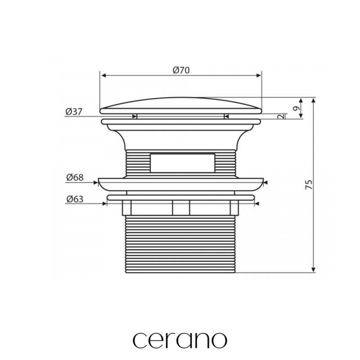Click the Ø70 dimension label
click(181, 70)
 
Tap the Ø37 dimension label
click(74, 112)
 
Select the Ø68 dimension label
click(75, 177)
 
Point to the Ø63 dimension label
click(75, 199)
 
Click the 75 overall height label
click(309, 184)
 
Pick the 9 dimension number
click(297, 108)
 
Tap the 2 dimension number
click(280, 117)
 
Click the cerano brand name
click(180, 340)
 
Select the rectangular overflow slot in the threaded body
click(183, 163)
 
